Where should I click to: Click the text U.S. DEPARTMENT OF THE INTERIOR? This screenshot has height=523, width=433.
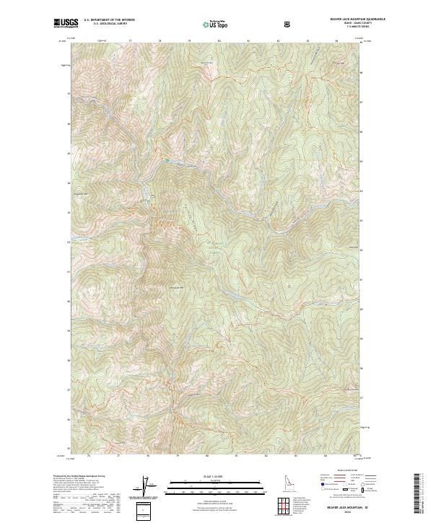tap(110, 20)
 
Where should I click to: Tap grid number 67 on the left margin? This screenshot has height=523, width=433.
tap(69, 93)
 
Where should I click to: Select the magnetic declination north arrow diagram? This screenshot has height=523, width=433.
tap(149, 488)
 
